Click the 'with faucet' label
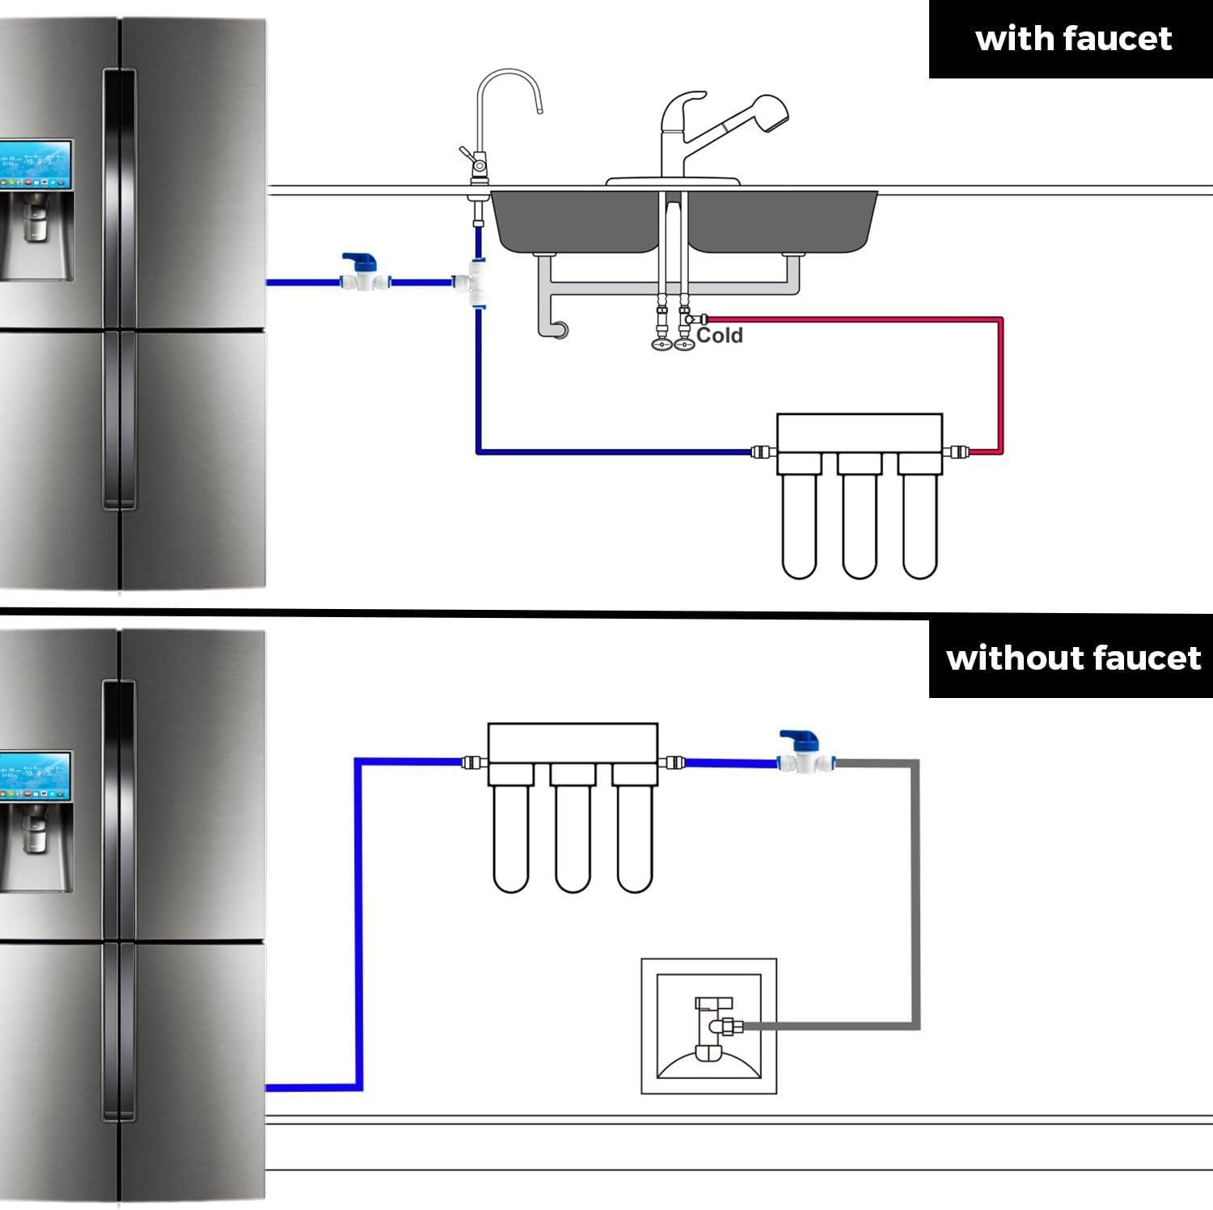(x=1073, y=39)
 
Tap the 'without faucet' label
(x=1073, y=658)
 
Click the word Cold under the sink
(x=719, y=335)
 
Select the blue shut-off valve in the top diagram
(x=362, y=273)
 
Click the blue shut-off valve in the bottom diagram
(x=801, y=752)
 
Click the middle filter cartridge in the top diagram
(x=859, y=526)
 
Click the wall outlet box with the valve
(x=708, y=1026)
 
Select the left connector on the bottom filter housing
(x=474, y=761)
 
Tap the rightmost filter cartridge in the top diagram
(x=919, y=526)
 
